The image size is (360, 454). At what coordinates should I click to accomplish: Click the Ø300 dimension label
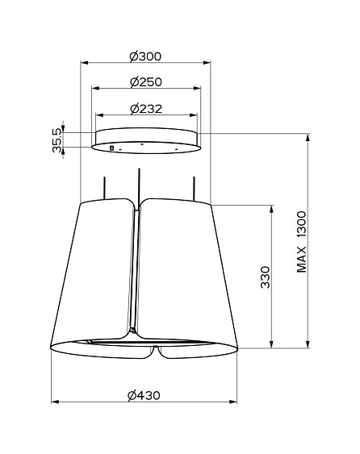[145, 56]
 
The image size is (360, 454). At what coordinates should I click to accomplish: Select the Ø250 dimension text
[146, 82]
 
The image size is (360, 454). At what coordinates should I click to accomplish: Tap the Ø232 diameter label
[146, 109]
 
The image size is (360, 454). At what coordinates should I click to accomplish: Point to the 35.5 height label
[57, 140]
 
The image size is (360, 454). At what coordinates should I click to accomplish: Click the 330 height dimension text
[265, 277]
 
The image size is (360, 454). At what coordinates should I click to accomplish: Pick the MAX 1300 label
[301, 242]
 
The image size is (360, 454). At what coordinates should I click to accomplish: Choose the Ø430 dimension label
[144, 395]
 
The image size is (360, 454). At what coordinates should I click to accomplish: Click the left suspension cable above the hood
[105, 188]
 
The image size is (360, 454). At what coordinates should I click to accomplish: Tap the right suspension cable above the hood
[194, 189]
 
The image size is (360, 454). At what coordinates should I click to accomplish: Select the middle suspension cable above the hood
[139, 187]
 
